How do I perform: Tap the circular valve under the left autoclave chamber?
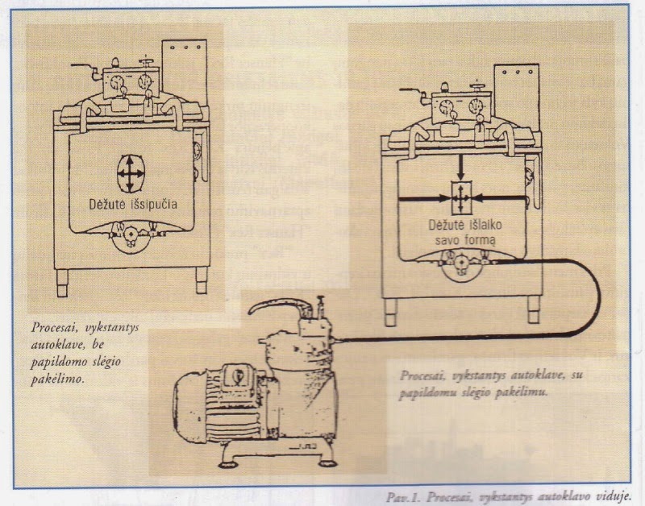(128, 239)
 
